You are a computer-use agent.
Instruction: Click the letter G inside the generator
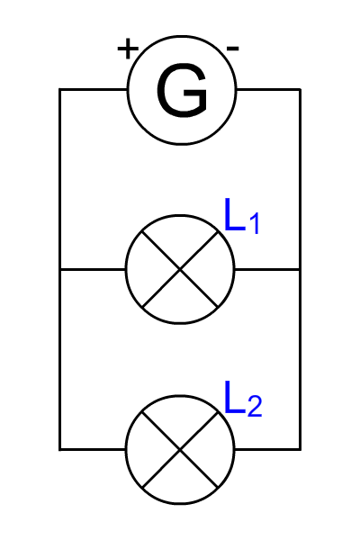click(182, 90)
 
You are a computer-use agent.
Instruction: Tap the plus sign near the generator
click(128, 49)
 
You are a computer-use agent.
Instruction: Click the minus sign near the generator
click(233, 49)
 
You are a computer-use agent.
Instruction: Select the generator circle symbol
click(182, 36)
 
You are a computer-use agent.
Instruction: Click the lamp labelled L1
click(180, 216)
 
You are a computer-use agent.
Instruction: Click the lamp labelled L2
click(180, 396)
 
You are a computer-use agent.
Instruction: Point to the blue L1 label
click(241, 216)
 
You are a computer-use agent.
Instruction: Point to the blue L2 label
click(243, 399)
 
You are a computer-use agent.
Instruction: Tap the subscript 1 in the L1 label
click(254, 223)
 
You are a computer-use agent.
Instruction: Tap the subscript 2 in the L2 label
click(255, 407)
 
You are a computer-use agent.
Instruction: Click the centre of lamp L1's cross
click(180, 269)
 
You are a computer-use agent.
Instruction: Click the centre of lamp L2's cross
click(180, 449)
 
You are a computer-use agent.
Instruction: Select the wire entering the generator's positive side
click(94, 89)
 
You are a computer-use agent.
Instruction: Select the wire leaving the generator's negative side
click(269, 89)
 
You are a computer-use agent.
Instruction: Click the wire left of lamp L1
click(93, 269)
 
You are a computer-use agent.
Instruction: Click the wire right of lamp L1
click(267, 269)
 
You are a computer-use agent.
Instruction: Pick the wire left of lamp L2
click(93, 449)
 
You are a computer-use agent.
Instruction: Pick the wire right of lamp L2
click(267, 449)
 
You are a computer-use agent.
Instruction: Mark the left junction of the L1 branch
click(60, 269)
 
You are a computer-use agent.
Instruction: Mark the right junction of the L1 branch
click(300, 269)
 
